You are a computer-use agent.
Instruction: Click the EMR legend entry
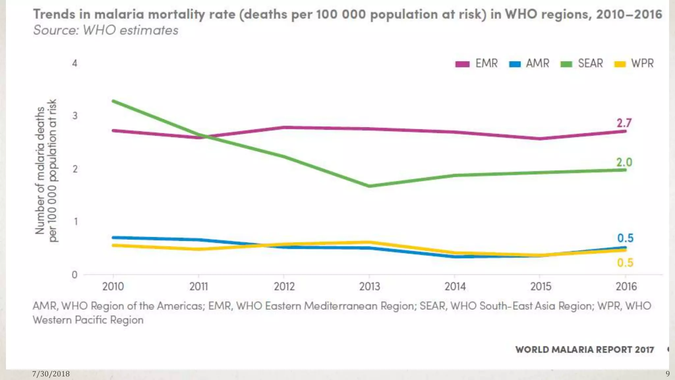pyautogui.click(x=477, y=63)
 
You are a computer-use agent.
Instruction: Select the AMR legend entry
pyautogui.click(x=529, y=63)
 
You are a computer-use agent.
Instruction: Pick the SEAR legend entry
pyautogui.click(x=582, y=63)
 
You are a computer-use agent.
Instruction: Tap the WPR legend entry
pyautogui.click(x=634, y=63)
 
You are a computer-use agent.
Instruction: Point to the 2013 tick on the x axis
pyautogui.click(x=369, y=286)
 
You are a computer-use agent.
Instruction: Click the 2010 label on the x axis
pyautogui.click(x=113, y=286)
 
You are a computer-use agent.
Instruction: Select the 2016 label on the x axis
pyautogui.click(x=626, y=286)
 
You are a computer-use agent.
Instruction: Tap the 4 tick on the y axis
pyautogui.click(x=75, y=63)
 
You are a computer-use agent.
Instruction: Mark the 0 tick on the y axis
pyautogui.click(x=75, y=274)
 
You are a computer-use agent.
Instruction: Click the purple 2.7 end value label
pyautogui.click(x=624, y=123)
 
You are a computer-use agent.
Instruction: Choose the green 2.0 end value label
pyautogui.click(x=624, y=162)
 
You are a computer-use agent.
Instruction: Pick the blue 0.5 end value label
pyautogui.click(x=625, y=238)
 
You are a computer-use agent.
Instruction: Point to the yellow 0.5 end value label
pyautogui.click(x=625, y=263)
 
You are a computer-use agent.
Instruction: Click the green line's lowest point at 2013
pyautogui.click(x=369, y=186)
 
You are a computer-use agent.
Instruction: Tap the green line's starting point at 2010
pyautogui.click(x=113, y=101)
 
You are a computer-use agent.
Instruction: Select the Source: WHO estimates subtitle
pyautogui.click(x=106, y=30)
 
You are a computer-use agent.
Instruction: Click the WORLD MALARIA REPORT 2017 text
pyautogui.click(x=584, y=349)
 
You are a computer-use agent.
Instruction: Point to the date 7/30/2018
pyautogui.click(x=51, y=374)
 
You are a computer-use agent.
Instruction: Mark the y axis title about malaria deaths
pyautogui.click(x=46, y=170)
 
